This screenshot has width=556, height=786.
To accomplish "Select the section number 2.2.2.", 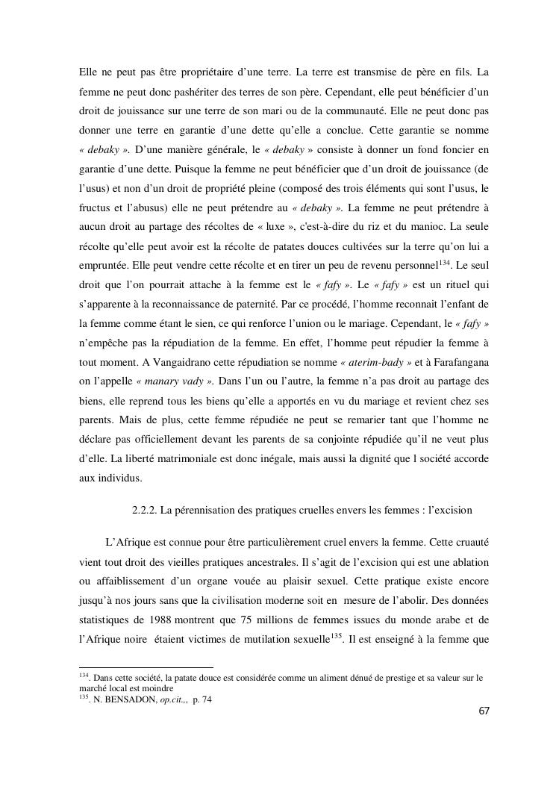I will tap(146, 511).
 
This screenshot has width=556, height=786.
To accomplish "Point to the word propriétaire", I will tap(190, 72).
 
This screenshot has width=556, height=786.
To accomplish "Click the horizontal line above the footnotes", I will tap(146, 667).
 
